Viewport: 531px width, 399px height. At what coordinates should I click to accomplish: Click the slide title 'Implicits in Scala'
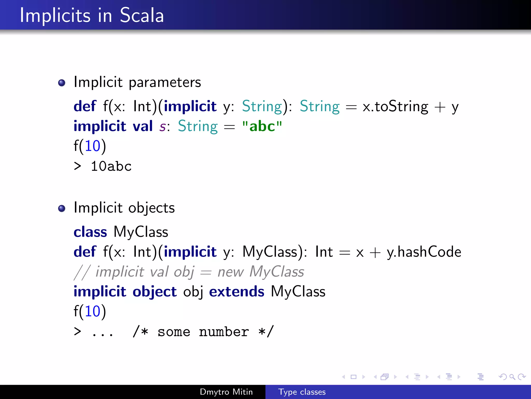[92, 15]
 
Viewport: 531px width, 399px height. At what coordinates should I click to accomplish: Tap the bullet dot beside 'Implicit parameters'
[62, 83]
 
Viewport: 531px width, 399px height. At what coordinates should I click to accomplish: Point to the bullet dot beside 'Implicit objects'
[62, 208]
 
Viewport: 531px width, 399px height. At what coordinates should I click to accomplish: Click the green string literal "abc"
[262, 126]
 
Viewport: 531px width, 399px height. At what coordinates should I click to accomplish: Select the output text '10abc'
[111, 166]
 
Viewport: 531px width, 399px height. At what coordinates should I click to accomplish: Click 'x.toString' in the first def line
[395, 107]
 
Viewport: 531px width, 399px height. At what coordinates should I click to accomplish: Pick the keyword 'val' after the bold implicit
[143, 126]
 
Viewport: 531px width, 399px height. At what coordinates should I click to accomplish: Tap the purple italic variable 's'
[163, 127]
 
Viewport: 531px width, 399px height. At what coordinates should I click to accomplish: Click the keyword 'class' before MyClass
[90, 232]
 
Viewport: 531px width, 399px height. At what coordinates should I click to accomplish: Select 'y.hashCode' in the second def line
[424, 252]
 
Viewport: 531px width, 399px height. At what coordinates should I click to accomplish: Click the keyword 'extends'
[236, 291]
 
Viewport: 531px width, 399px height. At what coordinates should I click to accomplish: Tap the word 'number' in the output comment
[224, 332]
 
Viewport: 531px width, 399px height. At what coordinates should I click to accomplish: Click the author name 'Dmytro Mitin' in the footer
[226, 392]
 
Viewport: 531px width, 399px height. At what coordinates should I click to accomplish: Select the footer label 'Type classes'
[302, 392]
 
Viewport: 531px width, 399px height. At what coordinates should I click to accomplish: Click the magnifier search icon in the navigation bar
[512, 377]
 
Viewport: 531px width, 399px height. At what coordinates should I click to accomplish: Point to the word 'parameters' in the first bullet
[165, 83]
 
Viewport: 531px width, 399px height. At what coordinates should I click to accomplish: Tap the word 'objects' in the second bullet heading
[151, 208]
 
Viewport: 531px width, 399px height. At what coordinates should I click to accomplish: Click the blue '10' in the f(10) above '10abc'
[93, 146]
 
